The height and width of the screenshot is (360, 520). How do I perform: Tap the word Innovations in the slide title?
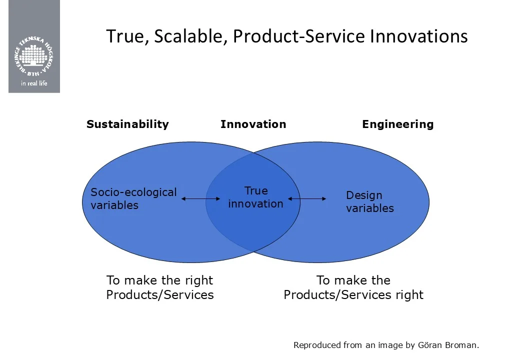(x=419, y=36)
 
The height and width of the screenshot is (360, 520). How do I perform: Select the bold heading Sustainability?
(x=127, y=124)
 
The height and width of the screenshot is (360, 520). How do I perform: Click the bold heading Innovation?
(x=253, y=124)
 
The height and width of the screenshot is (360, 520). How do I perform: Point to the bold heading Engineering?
(x=398, y=124)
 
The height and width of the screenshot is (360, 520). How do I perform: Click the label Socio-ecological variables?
(x=133, y=198)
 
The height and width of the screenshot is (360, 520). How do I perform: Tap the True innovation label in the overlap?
(x=255, y=197)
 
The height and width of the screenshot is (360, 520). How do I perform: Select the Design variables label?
(x=370, y=201)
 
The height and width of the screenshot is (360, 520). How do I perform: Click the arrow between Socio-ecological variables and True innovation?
(x=200, y=199)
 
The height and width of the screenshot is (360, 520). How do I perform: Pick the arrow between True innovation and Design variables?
(x=307, y=199)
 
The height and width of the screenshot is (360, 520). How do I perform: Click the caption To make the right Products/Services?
(x=160, y=287)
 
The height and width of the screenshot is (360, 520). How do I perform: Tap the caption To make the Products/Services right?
(x=353, y=287)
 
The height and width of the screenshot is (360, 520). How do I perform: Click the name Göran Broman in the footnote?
(x=447, y=345)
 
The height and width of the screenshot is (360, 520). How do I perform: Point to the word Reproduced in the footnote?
(x=317, y=345)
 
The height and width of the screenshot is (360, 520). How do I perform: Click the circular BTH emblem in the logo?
(x=34, y=55)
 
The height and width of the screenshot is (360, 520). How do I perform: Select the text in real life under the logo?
(x=34, y=83)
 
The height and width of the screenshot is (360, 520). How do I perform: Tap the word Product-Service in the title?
(x=299, y=36)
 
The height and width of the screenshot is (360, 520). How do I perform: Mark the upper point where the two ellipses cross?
(x=254, y=153)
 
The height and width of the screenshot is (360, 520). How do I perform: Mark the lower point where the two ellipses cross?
(x=254, y=252)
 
